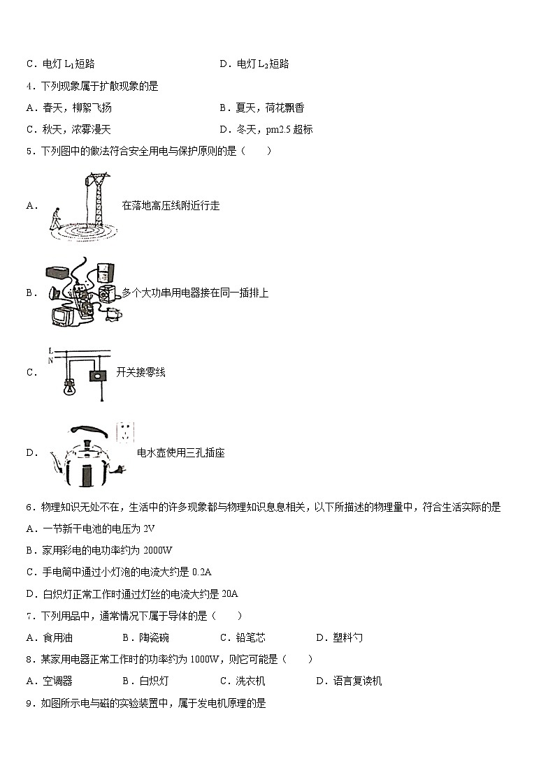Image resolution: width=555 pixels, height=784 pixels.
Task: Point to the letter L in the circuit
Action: (50, 350)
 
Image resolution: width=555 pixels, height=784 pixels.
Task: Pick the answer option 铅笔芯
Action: (251, 637)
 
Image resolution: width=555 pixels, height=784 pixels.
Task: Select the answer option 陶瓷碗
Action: (153, 637)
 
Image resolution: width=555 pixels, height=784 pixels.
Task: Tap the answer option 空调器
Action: (57, 681)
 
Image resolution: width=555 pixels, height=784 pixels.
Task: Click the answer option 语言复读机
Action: (357, 681)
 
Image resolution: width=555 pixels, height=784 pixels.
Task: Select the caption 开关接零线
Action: (140, 372)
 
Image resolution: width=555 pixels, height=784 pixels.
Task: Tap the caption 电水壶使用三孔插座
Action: (181, 452)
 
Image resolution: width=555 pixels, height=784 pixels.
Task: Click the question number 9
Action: (29, 704)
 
